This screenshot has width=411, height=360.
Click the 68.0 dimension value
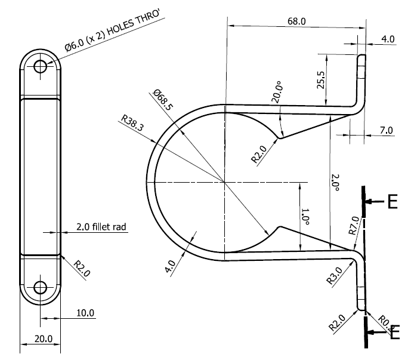[x=296, y=21]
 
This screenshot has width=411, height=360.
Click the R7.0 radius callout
[x=351, y=227]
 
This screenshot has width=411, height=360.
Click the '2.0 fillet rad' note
[x=102, y=227]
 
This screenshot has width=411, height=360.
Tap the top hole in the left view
[x=41, y=66]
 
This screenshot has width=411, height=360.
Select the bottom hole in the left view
[x=41, y=288]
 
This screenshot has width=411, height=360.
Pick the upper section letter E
[x=392, y=202]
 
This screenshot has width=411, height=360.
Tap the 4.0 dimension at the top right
[x=388, y=39]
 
